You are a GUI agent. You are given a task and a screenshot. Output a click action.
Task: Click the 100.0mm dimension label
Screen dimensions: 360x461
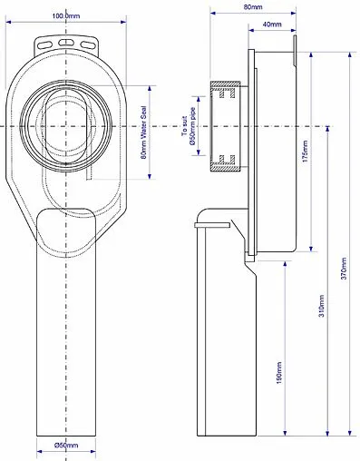pyautogui.click(x=66, y=15)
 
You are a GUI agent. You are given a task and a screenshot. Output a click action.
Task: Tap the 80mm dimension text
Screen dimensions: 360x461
pyautogui.click(x=253, y=6)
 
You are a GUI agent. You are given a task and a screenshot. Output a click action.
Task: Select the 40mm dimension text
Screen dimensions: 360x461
pyautogui.click(x=272, y=25)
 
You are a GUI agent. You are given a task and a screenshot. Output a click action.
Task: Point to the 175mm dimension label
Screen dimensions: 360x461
pyautogui.click(x=305, y=151)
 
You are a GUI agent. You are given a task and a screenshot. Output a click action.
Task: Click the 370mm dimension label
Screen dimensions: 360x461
pyautogui.click(x=344, y=269)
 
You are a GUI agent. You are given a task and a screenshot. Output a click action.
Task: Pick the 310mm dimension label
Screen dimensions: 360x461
pyautogui.click(x=322, y=306)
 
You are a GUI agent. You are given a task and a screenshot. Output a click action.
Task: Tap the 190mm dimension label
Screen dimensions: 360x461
pyautogui.click(x=278, y=373)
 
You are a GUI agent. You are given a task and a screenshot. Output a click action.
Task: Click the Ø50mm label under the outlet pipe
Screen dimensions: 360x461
pyautogui.click(x=66, y=445)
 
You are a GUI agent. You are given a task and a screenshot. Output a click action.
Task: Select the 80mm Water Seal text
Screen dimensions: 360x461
pyautogui.click(x=143, y=132)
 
